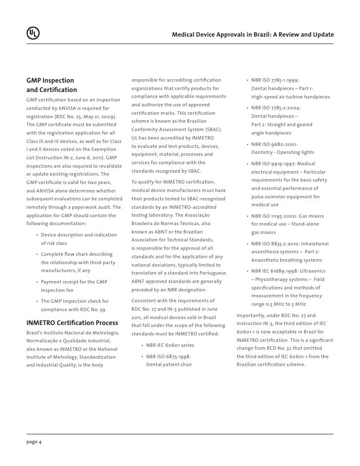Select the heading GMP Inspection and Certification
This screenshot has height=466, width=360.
[x=51, y=85]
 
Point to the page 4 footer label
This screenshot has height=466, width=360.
[x=34, y=442]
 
